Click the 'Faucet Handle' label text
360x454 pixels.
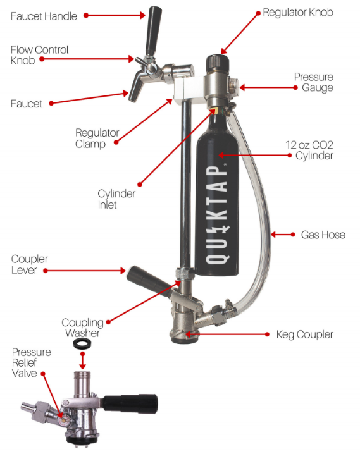coord(44,15)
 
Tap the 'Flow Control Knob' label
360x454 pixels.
coord(39,55)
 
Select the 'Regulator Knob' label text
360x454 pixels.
coord(297,13)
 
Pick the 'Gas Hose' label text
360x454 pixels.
coord(323,235)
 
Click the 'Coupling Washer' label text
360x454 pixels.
coord(82,328)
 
